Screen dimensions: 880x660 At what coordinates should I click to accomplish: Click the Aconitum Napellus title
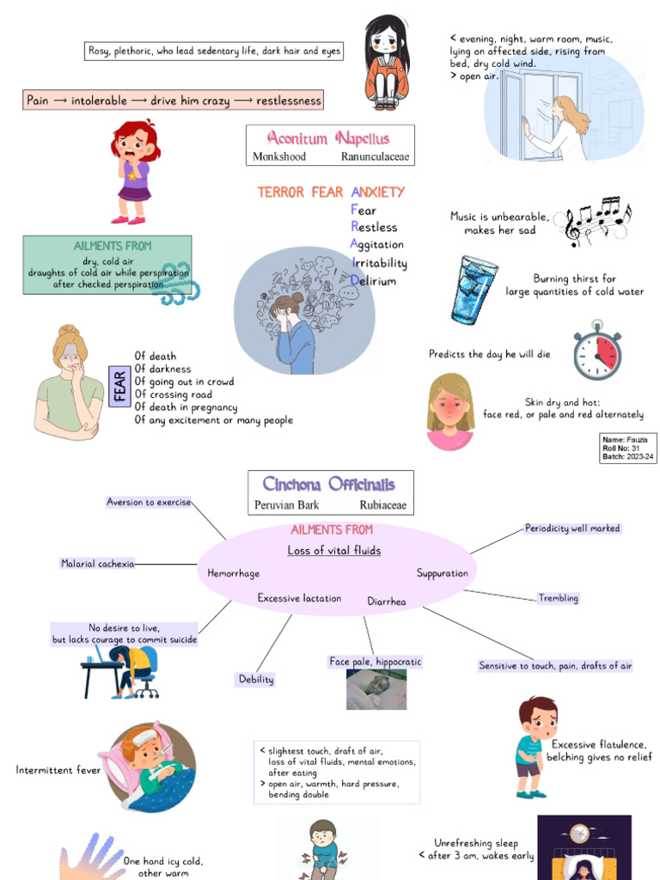(x=328, y=138)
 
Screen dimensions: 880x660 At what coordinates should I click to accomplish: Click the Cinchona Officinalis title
(x=330, y=484)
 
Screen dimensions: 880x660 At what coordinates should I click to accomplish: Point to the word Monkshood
(x=279, y=157)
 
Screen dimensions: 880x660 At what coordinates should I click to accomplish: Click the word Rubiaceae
(x=382, y=505)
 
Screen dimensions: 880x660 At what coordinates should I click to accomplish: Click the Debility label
(x=256, y=679)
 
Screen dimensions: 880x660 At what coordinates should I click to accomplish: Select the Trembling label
(x=558, y=598)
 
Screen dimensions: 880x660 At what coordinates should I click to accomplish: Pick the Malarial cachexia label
(x=97, y=564)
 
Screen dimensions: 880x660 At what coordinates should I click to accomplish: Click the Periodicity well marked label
(x=572, y=529)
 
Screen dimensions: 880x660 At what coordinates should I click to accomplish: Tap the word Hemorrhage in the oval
(x=233, y=573)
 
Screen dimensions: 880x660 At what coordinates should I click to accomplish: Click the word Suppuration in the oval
(x=443, y=573)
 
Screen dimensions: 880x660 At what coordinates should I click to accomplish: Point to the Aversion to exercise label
(x=148, y=502)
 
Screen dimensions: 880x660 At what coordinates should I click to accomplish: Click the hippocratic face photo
(x=376, y=689)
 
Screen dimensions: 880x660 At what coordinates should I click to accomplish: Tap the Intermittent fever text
(x=58, y=770)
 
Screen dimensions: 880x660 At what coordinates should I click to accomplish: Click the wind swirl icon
(x=177, y=284)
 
